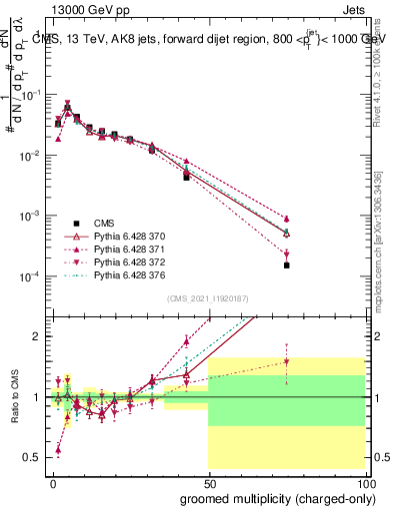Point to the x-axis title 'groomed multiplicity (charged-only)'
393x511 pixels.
[x=276, y=497]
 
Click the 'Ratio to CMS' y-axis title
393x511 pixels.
[x=13, y=397]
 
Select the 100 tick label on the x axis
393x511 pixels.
[x=367, y=482]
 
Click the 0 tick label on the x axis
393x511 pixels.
[x=53, y=482]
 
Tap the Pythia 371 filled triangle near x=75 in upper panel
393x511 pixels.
[x=287, y=219]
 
